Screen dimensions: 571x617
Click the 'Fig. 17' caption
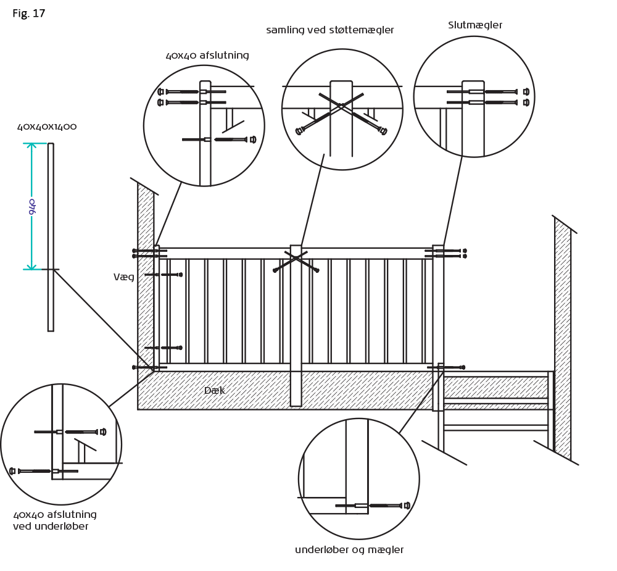point(29,14)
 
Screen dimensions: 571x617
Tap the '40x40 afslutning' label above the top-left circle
point(207,56)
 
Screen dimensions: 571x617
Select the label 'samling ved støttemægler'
point(330,30)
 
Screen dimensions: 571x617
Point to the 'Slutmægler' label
point(475,25)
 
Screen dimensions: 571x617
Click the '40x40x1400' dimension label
point(47,127)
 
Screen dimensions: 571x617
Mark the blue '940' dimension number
point(32,206)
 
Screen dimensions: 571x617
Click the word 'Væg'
point(123,277)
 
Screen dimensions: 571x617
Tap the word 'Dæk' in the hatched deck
point(214,391)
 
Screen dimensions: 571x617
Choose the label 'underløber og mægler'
point(349,550)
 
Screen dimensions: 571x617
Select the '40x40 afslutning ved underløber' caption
point(54,520)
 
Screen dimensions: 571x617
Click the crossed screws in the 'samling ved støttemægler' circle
point(341,112)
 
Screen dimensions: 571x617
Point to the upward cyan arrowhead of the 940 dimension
point(31,146)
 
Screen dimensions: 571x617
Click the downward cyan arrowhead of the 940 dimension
point(31,266)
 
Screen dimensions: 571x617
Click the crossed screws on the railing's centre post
point(296,261)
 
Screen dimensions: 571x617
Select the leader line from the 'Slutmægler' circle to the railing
point(453,201)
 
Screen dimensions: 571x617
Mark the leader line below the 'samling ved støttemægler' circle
point(312,201)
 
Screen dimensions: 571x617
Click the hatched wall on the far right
point(562,340)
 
